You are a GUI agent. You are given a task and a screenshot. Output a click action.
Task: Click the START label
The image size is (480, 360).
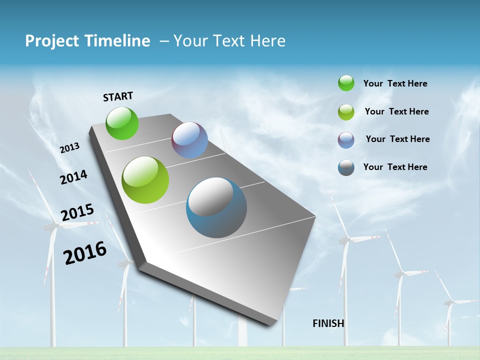point(118,96)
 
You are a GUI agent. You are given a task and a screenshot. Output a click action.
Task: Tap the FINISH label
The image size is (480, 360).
point(328,323)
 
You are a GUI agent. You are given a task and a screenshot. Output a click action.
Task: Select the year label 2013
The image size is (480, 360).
point(70,148)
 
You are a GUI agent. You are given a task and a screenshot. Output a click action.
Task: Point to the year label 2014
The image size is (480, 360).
point(73,177)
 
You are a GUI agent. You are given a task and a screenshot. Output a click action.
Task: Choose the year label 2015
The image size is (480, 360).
point(77,213)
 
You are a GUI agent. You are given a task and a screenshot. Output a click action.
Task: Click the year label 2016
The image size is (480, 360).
point(85,253)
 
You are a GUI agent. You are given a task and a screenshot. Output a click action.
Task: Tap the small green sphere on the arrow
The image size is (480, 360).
point(122,123)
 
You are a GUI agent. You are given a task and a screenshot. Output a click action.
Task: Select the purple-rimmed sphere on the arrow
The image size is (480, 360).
point(190,140)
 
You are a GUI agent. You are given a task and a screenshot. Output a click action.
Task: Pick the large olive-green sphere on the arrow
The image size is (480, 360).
point(145,180)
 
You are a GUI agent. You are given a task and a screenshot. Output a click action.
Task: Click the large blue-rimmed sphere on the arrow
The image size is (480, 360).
point(216,207)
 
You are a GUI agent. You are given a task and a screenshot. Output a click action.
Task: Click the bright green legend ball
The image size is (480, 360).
point(346,83)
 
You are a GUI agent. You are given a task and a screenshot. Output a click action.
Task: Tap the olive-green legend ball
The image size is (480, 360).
point(346,112)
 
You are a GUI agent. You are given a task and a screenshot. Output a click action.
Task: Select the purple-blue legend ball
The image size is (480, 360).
point(346,140)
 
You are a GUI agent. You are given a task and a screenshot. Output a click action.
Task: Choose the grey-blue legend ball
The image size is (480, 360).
point(346,167)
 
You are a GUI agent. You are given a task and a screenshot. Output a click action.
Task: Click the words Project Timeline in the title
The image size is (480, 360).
point(87,41)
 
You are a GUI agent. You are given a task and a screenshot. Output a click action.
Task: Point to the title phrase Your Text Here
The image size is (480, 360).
point(229,41)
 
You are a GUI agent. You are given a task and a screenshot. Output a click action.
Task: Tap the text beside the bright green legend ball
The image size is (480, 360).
point(395,84)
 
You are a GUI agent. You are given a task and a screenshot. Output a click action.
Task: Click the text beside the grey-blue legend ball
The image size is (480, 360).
point(395,167)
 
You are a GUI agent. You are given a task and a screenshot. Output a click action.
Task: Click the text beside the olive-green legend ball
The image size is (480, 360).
point(397,111)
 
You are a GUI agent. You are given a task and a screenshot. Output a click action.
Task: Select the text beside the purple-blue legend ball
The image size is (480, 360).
point(398,139)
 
